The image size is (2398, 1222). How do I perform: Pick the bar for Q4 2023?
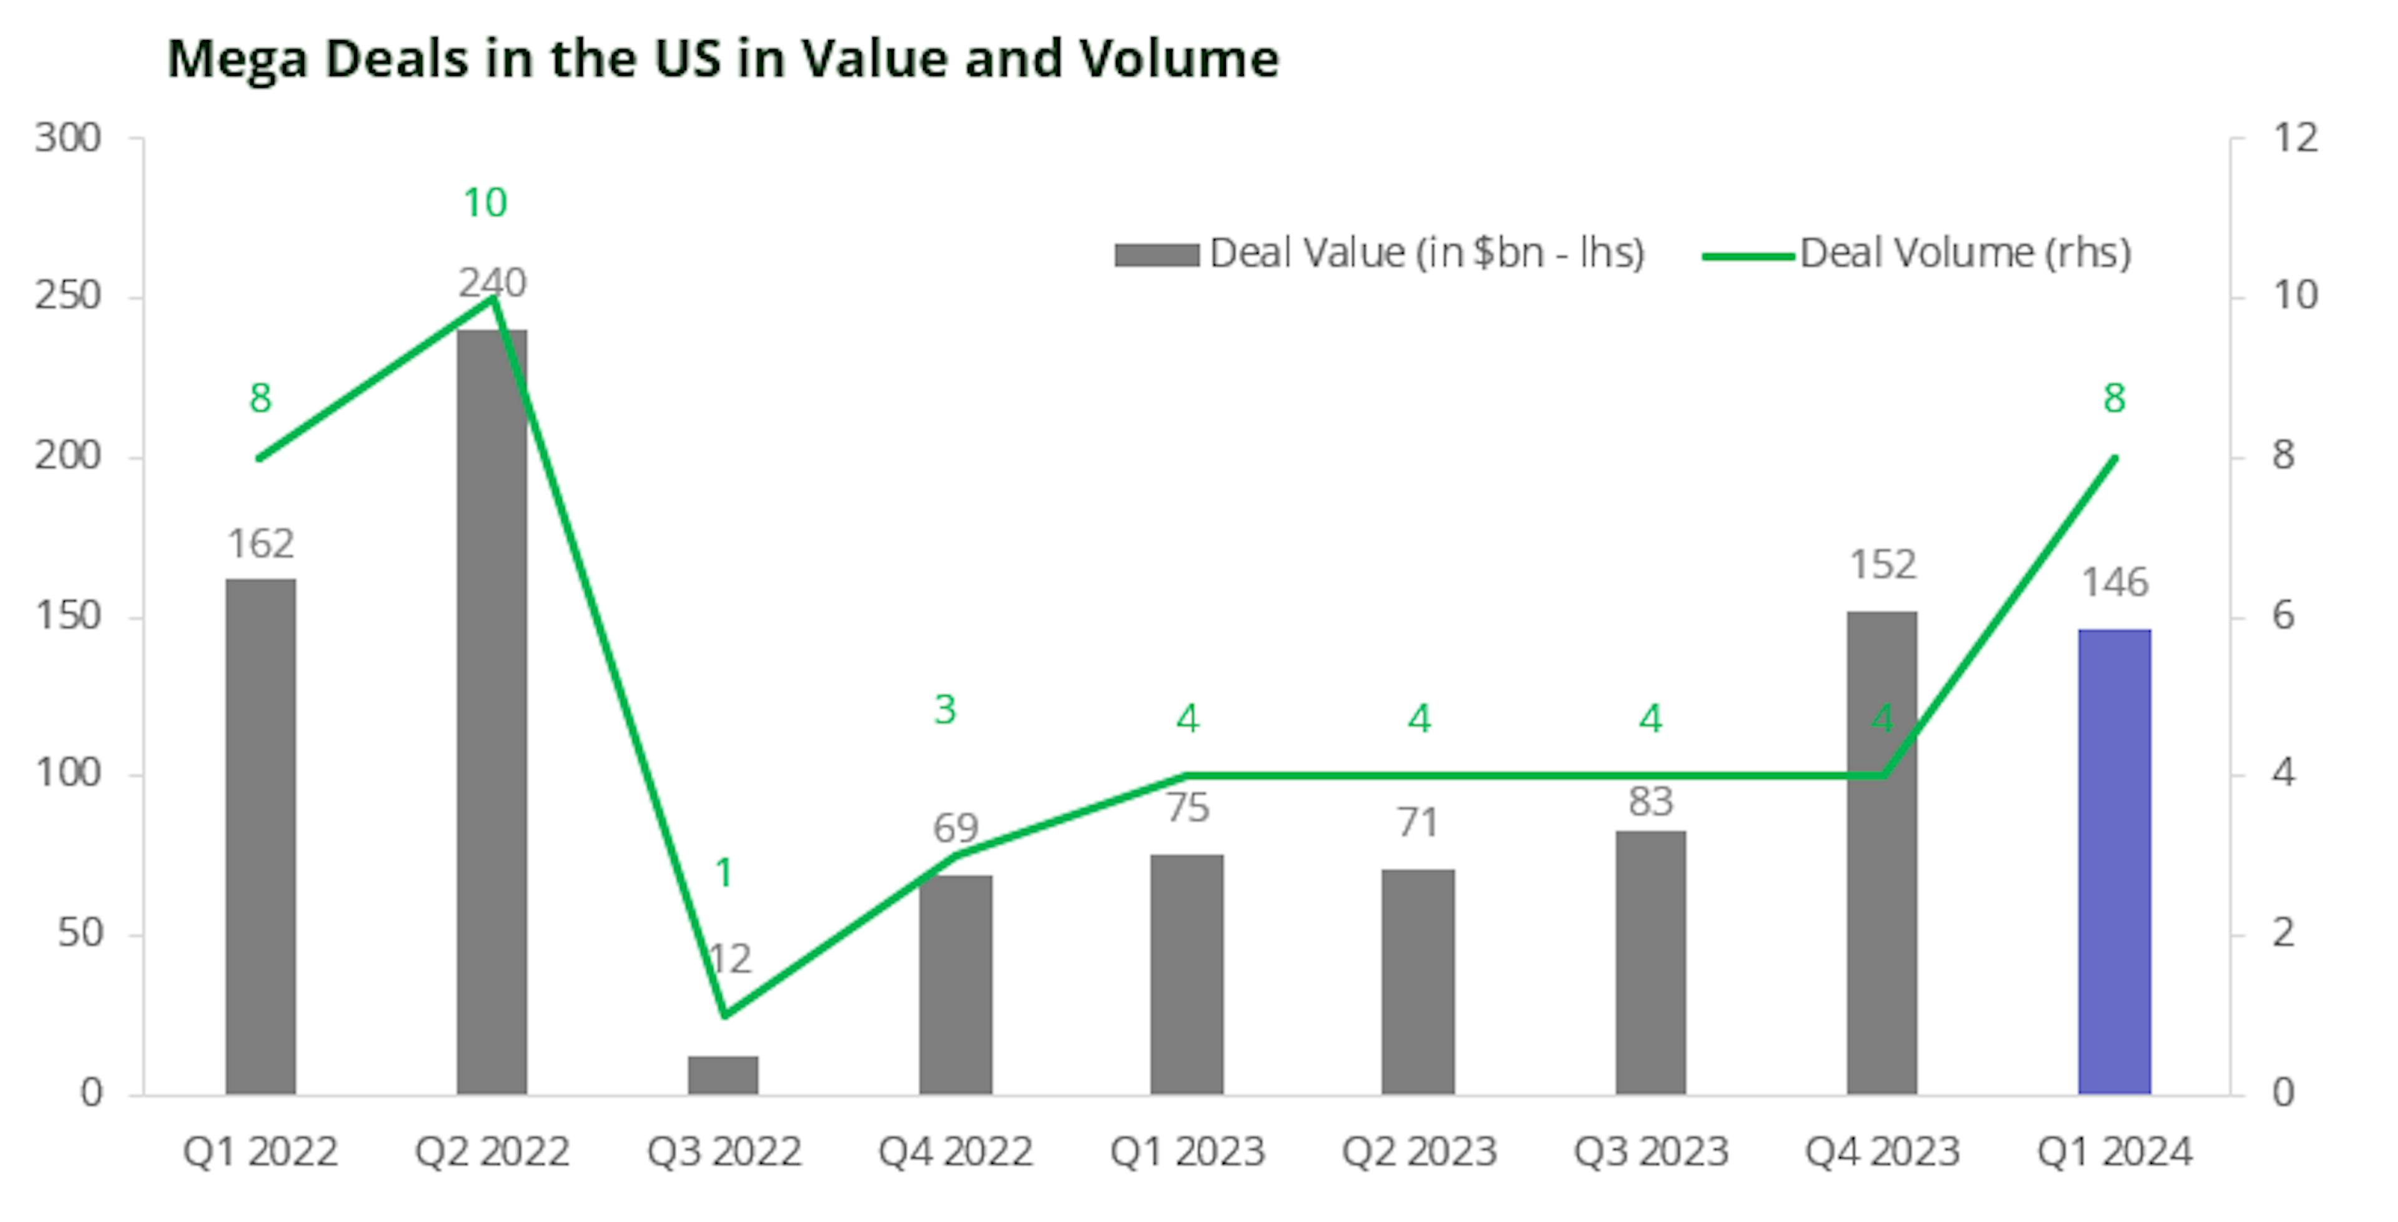coord(1882,852)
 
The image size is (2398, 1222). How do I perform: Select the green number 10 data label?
coord(485,203)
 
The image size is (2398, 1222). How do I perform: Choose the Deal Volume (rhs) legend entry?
coord(1918,254)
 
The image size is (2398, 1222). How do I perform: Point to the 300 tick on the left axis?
coord(68,139)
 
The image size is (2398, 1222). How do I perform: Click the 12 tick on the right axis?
coord(2296,139)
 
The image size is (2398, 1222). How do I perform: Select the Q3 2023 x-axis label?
coord(1650,1152)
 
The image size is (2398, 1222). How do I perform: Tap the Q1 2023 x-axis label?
coord(1187,1152)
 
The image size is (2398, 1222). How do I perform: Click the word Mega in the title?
coord(237,59)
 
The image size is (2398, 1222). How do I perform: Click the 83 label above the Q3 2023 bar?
coord(1650,802)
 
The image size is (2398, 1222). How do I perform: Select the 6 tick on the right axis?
coord(2284,615)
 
